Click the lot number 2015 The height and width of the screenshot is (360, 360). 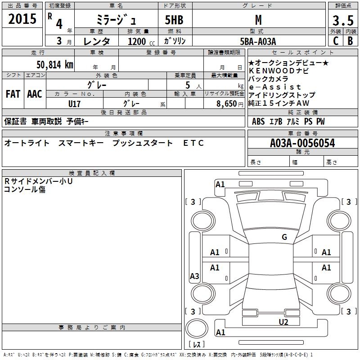click(x=22, y=19)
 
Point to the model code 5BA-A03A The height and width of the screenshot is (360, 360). click(x=258, y=41)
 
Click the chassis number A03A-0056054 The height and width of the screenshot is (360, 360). click(x=302, y=143)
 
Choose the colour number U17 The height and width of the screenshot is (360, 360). click(x=74, y=103)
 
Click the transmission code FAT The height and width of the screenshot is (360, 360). click(x=13, y=94)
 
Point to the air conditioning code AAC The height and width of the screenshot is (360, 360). click(x=34, y=94)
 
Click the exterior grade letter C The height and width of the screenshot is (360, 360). click(x=335, y=41)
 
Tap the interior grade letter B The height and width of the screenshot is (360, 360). click(x=350, y=41)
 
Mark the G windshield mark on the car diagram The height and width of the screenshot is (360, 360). click(x=284, y=237)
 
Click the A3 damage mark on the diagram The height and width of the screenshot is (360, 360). click(x=194, y=276)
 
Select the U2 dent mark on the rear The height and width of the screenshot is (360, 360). click(x=283, y=321)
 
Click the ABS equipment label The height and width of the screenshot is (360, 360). click(x=258, y=121)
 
